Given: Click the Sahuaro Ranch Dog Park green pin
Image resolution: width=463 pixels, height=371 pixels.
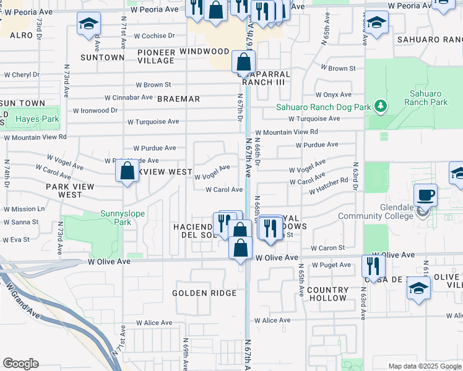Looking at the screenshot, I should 380,107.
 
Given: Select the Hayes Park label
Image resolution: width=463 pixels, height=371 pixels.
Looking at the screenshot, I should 37,119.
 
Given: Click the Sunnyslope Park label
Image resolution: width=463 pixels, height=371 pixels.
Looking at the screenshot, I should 123,214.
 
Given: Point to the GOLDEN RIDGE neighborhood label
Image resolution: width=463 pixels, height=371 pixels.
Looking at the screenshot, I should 204,293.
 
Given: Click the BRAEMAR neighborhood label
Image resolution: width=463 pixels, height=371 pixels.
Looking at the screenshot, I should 178,99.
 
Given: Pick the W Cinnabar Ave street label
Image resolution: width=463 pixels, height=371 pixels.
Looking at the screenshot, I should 129,98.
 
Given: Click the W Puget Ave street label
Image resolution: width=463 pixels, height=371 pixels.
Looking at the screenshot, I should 331,265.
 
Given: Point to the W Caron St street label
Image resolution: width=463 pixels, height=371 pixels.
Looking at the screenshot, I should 327,248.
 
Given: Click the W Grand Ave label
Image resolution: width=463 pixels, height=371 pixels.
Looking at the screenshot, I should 22,299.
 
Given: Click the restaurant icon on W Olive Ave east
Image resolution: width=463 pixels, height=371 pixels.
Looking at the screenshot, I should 373,266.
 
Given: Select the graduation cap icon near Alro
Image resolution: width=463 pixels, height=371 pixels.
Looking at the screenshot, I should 89,24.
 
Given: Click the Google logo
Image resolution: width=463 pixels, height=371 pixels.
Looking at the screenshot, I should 20,364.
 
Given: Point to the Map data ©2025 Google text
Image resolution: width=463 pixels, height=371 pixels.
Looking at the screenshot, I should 424,366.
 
